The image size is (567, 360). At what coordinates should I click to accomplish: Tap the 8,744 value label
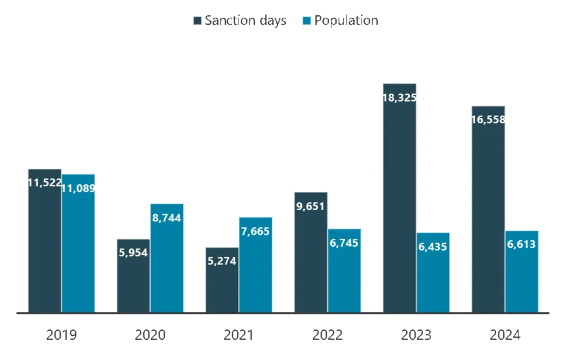[x=167, y=218]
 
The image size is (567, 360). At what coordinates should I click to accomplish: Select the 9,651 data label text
[x=311, y=207]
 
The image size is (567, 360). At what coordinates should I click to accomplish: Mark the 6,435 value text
[x=434, y=247]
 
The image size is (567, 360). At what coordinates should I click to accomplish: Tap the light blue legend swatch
[x=306, y=21]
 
